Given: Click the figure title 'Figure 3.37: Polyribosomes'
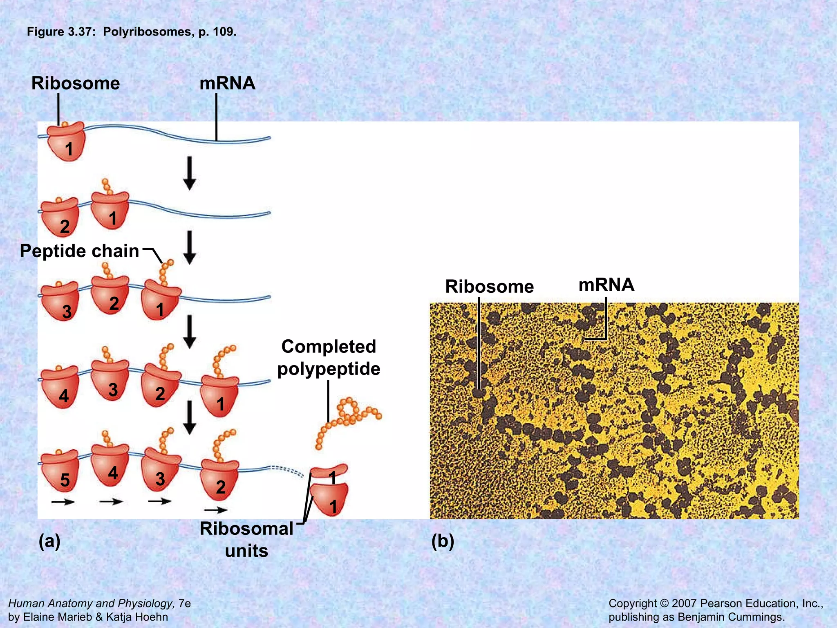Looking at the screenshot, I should [131, 32].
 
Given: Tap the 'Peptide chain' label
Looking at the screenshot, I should [80, 251].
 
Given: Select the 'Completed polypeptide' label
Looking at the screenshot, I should [329, 357].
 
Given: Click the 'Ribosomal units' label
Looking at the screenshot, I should [246, 539].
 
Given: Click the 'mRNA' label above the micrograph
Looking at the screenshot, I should [606, 285].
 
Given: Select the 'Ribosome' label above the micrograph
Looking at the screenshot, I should [489, 286].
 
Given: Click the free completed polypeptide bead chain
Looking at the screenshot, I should [347, 417].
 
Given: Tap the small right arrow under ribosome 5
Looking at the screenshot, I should [63, 502].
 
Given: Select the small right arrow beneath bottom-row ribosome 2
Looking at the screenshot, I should [216, 510].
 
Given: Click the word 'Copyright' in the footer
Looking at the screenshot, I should [632, 603].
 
